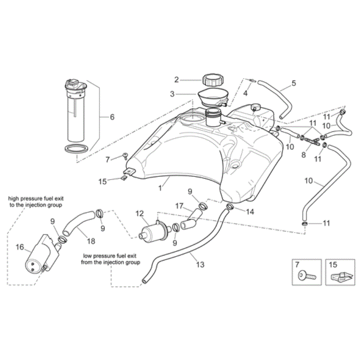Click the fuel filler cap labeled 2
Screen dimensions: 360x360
point(213,80)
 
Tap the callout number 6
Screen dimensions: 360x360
point(112,117)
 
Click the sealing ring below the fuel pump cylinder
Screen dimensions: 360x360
point(76,149)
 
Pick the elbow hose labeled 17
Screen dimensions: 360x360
point(191,219)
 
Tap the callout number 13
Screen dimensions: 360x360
point(200,265)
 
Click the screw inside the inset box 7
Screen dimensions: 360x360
point(307,275)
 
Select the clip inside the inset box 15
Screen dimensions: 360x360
point(340,276)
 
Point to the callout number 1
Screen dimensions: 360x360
point(160,188)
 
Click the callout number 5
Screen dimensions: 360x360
point(294,83)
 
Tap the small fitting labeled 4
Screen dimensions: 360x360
point(252,81)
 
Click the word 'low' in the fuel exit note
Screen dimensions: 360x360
point(87,256)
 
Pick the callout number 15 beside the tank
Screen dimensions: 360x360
point(103,182)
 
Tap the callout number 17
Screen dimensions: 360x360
point(179,206)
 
